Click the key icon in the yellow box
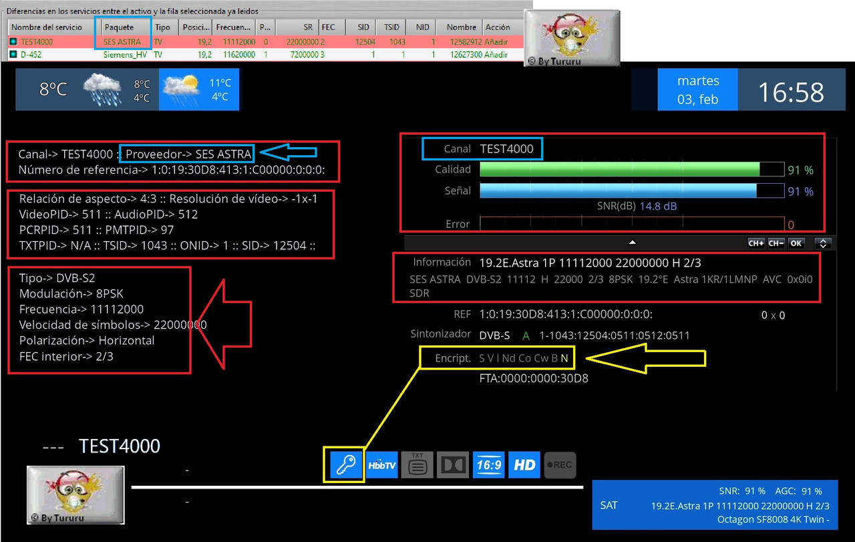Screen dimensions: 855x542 pos(345,464)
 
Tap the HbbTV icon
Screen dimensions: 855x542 pos(381,465)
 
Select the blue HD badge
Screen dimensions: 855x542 pos(524,465)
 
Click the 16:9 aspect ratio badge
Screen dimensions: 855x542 pos(488,465)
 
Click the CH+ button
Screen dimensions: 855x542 pos(755,243)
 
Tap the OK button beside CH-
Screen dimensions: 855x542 pos(796,243)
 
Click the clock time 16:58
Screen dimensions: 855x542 pos(791,92)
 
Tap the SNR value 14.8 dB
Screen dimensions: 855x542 pos(658,207)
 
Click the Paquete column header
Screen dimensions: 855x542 pos(119,27)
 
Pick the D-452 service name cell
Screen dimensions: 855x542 pos(31,55)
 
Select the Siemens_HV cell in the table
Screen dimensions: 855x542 pos(125,55)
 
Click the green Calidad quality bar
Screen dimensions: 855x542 pos(619,169)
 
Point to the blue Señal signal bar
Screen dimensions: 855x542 pos(618,190)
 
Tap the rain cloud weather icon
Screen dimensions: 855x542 pos(103,90)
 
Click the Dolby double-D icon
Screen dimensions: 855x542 pos(453,465)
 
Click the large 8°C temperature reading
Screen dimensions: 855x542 pos(53,89)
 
